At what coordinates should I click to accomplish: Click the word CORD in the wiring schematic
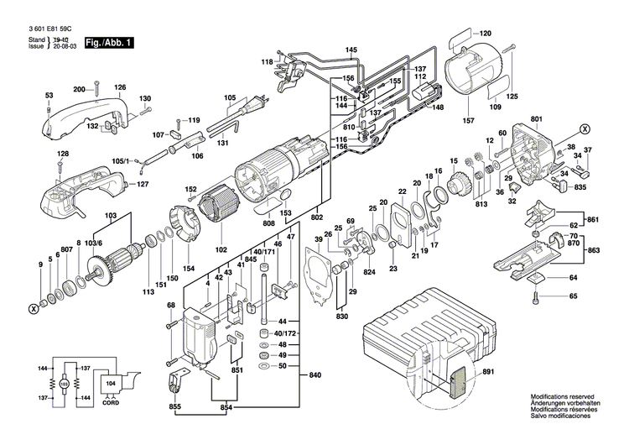click(x=109, y=401)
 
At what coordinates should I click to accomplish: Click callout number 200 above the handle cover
click(x=80, y=89)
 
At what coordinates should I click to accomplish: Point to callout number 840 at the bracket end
click(x=314, y=374)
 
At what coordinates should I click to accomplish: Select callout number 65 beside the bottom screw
click(x=574, y=296)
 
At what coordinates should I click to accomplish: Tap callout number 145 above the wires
click(x=351, y=51)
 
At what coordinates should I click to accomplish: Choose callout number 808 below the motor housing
click(x=268, y=224)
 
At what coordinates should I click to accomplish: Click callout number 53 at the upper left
click(x=49, y=95)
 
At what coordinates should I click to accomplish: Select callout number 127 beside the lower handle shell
click(x=143, y=184)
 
